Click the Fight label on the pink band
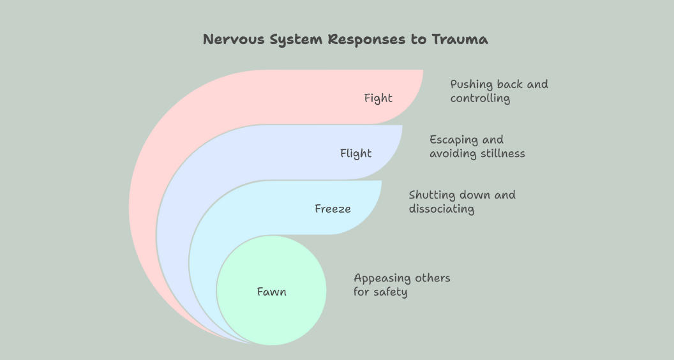(x=378, y=98)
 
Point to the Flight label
(x=356, y=153)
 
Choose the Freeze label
(x=333, y=209)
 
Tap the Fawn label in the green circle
(x=271, y=292)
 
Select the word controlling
(x=480, y=98)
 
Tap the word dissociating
(x=442, y=209)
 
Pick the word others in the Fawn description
(x=433, y=278)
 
